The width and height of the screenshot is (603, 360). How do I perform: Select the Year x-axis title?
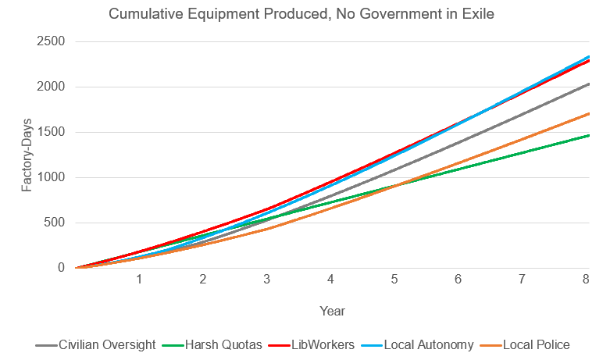tap(332, 311)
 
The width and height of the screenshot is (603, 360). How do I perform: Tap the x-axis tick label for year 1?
tap(139, 280)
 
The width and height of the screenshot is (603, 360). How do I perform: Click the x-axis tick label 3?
tap(267, 280)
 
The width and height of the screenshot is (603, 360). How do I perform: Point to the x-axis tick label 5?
tap(395, 280)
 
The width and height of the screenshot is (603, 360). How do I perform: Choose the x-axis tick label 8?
tap(587, 280)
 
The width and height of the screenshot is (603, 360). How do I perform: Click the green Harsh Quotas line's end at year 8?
tap(588, 135)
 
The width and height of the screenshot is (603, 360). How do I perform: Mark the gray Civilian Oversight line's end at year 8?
tap(588, 84)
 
